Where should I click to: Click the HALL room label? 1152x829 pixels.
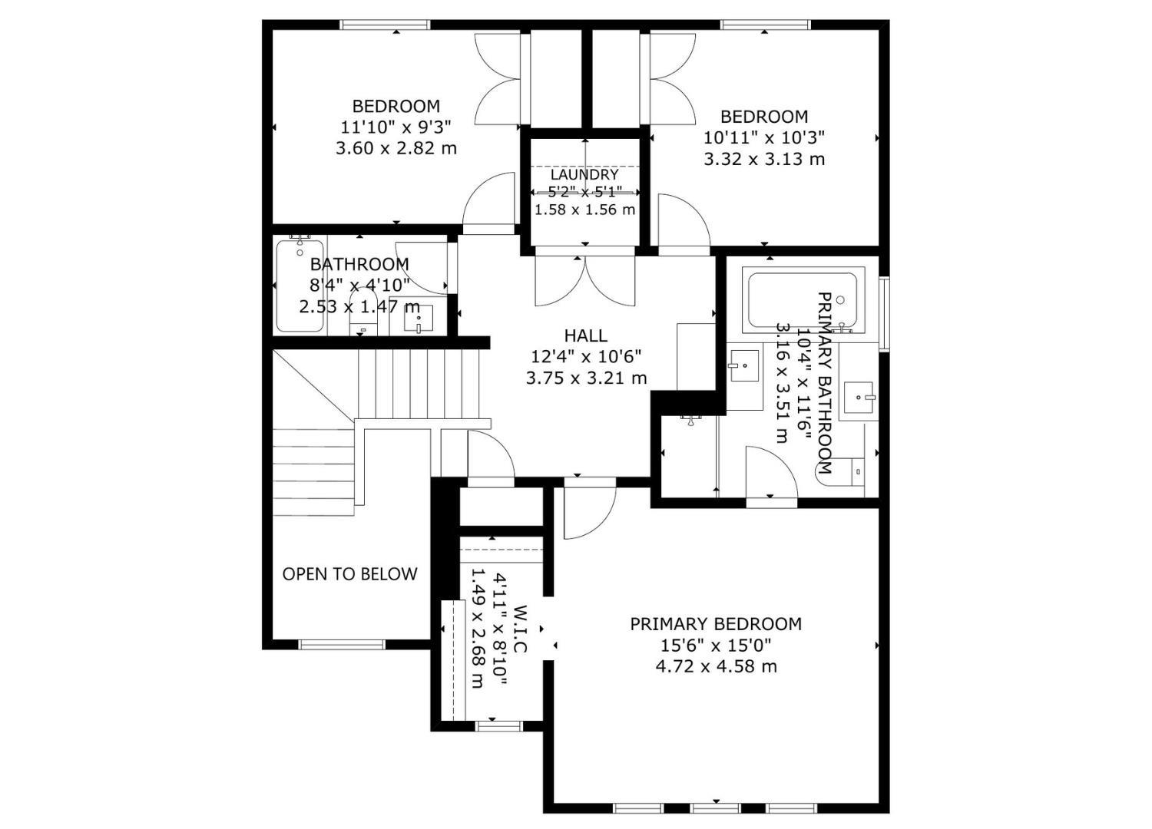point(586,335)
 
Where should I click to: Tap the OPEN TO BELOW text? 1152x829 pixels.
point(349,573)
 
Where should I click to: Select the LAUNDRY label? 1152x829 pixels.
point(584,174)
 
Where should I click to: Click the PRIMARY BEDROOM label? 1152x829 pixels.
point(716,624)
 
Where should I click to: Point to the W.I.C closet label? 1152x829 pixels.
point(520,629)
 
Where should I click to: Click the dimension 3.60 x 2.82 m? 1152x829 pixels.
point(396,149)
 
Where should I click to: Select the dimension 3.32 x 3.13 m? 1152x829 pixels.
point(764,159)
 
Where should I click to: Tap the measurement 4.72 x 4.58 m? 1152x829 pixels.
point(716,666)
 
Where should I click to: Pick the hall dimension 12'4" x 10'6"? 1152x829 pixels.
point(586,356)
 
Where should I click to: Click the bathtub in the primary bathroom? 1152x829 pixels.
point(803,299)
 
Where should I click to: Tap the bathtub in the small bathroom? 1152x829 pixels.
point(300,286)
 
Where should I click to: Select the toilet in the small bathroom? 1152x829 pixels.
point(363,312)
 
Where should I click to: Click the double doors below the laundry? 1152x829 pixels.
point(585,281)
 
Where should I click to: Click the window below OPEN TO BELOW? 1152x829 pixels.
point(342,645)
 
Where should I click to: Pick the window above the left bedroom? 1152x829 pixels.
point(385,25)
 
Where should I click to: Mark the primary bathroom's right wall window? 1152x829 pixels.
point(884,314)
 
